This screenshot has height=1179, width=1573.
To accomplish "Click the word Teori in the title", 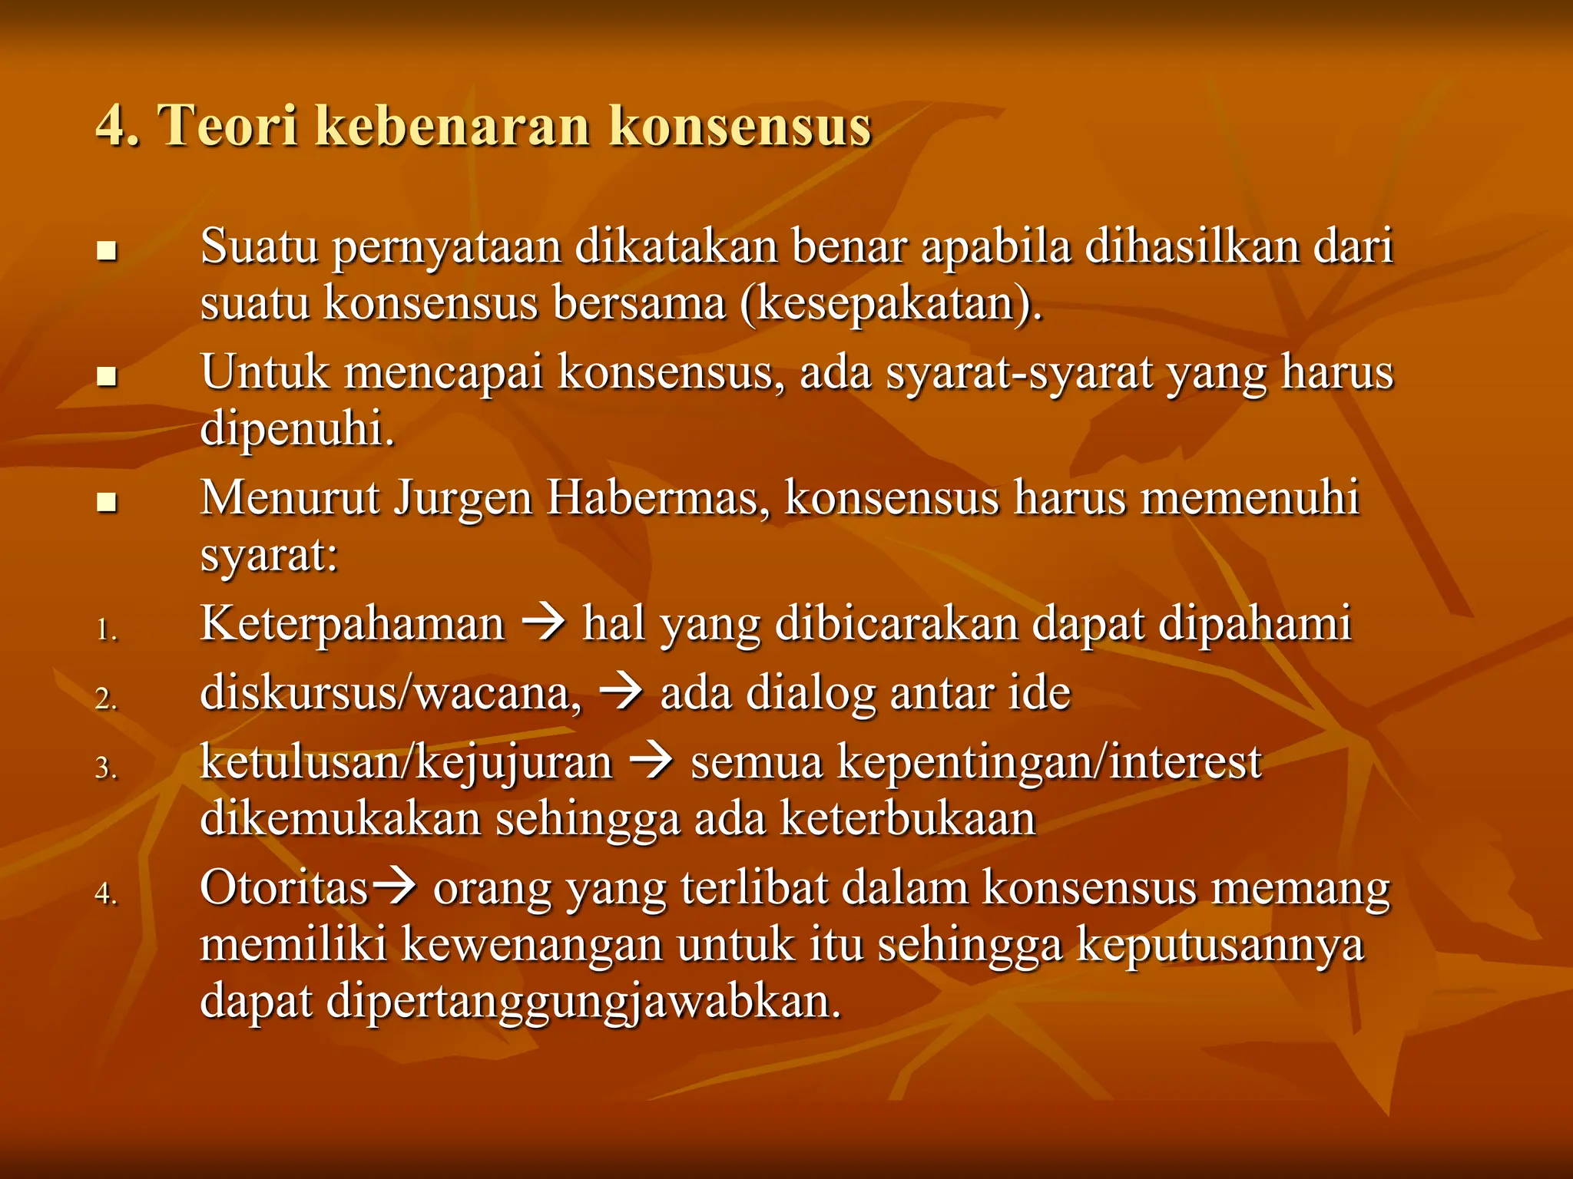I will pyautogui.click(x=228, y=124).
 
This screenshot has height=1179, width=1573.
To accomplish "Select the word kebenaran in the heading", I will pyautogui.click(x=453, y=124).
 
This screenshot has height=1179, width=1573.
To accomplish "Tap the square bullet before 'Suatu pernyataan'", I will pyautogui.click(x=107, y=251).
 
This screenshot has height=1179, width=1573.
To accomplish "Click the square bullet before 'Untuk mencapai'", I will pyautogui.click(x=107, y=376).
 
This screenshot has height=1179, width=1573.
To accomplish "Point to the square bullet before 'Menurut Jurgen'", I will pyautogui.click(x=107, y=503).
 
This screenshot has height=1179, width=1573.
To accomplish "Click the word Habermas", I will pyautogui.click(x=657, y=498).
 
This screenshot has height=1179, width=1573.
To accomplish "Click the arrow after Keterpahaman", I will pyautogui.click(x=544, y=622).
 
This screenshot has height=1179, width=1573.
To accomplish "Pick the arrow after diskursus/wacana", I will pyautogui.click(x=621, y=692).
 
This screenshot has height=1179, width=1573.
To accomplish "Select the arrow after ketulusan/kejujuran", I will pyautogui.click(x=651, y=761).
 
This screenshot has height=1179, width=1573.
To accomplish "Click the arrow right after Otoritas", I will pyautogui.click(x=394, y=888).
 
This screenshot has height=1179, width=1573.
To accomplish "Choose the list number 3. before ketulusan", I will pyautogui.click(x=107, y=768).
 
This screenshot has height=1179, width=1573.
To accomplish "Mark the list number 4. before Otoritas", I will pyautogui.click(x=107, y=893).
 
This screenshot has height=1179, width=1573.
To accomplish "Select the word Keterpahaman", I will pyautogui.click(x=353, y=623).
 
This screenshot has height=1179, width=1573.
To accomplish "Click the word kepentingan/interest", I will pyautogui.click(x=1049, y=763).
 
